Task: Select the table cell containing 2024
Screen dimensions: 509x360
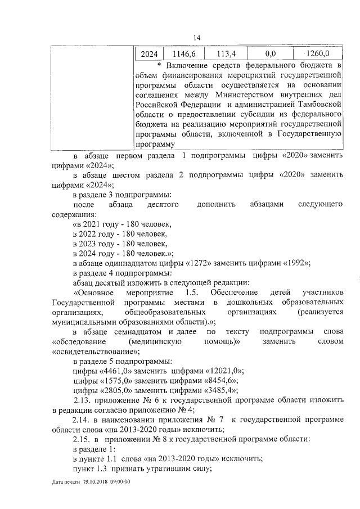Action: pyautogui.click(x=148, y=54)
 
